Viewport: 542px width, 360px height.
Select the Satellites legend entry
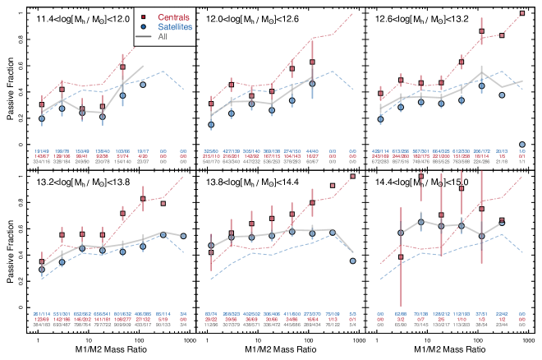170,26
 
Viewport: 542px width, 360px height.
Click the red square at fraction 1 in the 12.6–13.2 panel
522,14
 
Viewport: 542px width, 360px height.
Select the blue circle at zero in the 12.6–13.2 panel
522,144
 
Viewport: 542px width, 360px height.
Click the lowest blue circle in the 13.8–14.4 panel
353,261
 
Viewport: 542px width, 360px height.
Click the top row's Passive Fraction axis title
11,86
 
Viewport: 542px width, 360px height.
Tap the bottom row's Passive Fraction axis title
11,245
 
